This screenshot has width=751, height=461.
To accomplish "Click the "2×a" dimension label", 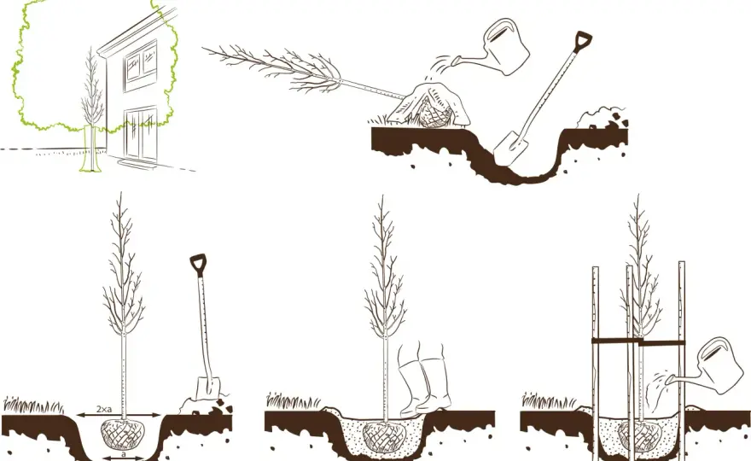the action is pyautogui.click(x=103, y=409).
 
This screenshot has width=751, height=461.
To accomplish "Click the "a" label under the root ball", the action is pyautogui.click(x=124, y=452).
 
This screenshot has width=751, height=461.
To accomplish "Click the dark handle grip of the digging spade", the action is pyautogui.click(x=584, y=38).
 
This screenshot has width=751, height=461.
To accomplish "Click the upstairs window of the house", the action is pyautogui.click(x=140, y=65).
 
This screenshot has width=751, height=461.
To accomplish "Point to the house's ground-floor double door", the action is pyautogui.click(x=141, y=134).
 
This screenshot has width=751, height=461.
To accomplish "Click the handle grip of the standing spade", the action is pyautogui.click(x=197, y=264).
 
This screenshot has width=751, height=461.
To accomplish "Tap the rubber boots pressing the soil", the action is pyautogui.click(x=425, y=378).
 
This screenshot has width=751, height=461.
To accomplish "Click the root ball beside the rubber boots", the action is pyautogui.click(x=384, y=436).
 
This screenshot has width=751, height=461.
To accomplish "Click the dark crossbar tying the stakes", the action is pyautogui.click(x=638, y=341).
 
